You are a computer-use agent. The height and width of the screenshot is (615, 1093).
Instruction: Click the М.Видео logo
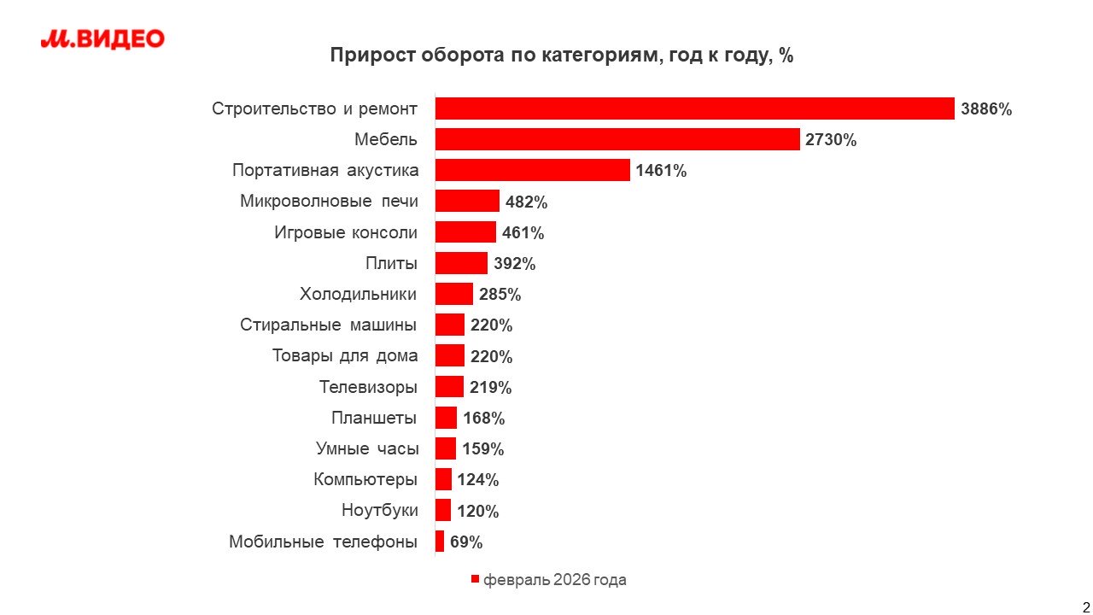click(102, 39)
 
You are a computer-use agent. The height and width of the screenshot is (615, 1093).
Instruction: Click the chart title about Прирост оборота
click(562, 56)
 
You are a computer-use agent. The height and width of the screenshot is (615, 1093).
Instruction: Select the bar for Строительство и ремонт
click(694, 108)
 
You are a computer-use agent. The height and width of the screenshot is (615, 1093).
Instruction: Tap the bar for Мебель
click(617, 139)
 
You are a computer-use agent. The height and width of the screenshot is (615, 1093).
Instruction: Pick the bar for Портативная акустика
click(532, 170)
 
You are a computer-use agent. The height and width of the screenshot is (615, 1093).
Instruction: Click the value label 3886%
click(986, 109)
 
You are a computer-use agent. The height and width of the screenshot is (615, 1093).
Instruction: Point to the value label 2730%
click(831, 140)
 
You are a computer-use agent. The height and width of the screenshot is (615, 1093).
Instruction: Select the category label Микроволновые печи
click(329, 202)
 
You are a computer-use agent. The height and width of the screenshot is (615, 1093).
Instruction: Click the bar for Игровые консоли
click(465, 232)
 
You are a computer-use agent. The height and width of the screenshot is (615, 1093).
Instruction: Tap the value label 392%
click(515, 264)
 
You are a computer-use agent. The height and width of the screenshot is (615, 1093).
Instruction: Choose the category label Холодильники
click(359, 295)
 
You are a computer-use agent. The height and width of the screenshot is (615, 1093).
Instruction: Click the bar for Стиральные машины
click(450, 325)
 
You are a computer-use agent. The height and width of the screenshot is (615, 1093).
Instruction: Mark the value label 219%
click(491, 388)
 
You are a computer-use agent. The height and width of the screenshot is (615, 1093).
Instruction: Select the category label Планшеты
click(374, 419)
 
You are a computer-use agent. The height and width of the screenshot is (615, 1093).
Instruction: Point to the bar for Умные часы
click(446, 449)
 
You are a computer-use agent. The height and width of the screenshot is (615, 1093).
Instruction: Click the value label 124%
click(478, 480)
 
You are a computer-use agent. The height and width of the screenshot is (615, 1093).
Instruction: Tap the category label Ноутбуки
click(380, 511)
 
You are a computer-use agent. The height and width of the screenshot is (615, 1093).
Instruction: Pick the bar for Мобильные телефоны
click(440, 542)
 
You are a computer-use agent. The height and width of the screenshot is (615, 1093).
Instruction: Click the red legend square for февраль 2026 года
click(476, 580)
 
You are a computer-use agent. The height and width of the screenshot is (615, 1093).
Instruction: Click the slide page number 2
click(1085, 597)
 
